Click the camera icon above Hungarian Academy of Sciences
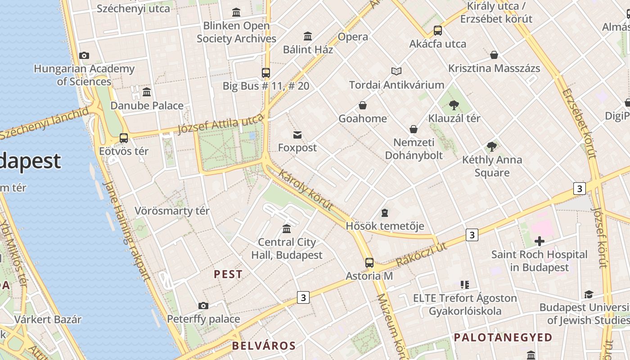tap(84, 56)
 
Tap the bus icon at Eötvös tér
tap(123, 138)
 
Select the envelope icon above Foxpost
tap(297, 135)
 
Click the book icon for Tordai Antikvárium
tap(396, 71)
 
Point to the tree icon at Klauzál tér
tap(454, 105)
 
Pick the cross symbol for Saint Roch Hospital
tap(539, 241)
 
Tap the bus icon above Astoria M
tap(369, 263)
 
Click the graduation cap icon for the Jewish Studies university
tap(588, 295)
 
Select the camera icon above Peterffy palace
tap(203, 306)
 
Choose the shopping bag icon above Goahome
tap(362, 106)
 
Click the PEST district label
tap(228, 274)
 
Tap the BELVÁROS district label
tap(264, 346)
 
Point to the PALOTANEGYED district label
tap(503, 337)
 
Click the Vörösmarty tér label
tap(172, 211)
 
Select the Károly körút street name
tap(306, 190)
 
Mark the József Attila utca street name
tap(220, 124)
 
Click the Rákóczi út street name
tap(421, 255)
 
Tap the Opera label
tap(353, 37)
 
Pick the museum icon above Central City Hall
tap(287, 229)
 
